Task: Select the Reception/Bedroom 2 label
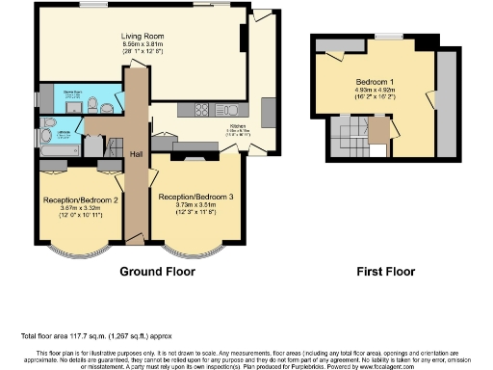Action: click(81, 199)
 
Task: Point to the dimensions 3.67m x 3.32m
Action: click(81, 208)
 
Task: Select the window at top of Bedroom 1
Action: click(389, 37)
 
